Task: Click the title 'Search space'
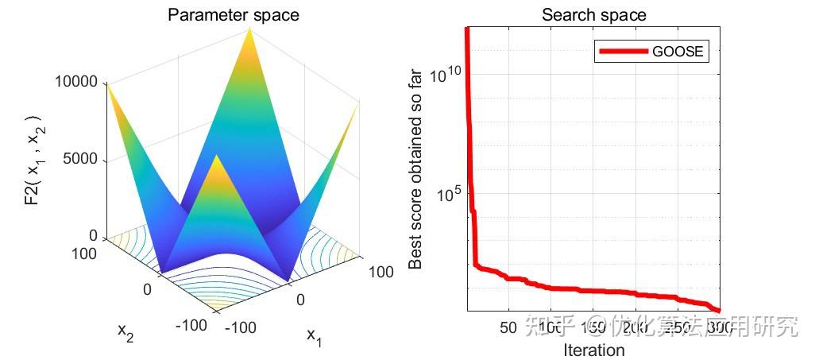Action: point(593,14)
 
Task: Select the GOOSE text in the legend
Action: point(678,52)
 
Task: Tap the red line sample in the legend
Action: point(622,52)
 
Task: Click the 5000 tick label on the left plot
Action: point(80,159)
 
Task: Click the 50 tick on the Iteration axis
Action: point(508,327)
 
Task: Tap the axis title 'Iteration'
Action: point(593,350)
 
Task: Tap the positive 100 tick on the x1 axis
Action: point(381,273)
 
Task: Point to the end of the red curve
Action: point(719,311)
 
